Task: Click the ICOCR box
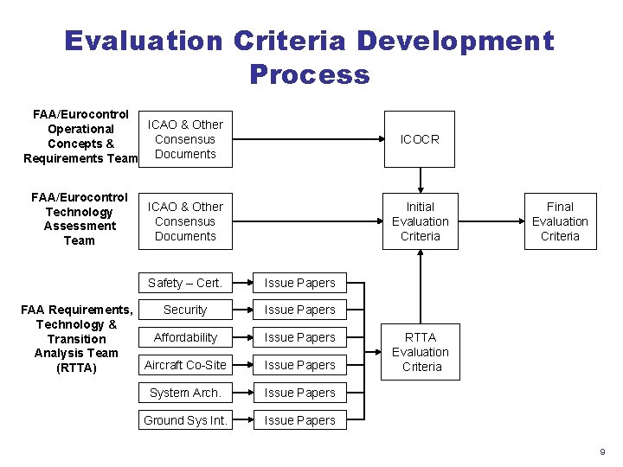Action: (420, 139)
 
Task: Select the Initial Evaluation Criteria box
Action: (420, 221)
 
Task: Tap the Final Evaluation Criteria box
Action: (560, 221)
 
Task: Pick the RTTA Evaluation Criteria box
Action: (420, 352)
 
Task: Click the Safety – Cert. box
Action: (185, 283)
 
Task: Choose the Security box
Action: (185, 310)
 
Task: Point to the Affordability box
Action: (185, 337)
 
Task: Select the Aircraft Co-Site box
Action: (185, 365)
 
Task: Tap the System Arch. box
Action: (185, 393)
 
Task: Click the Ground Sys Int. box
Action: (185, 420)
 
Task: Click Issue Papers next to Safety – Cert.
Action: (299, 283)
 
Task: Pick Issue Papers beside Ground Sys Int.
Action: (299, 420)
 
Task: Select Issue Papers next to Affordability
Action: (299, 337)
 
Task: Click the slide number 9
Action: (602, 452)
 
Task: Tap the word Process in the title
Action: (309, 74)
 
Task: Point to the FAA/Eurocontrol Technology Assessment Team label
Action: (79, 219)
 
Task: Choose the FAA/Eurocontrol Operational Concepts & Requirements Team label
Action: (80, 137)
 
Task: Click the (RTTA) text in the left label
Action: (77, 368)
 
